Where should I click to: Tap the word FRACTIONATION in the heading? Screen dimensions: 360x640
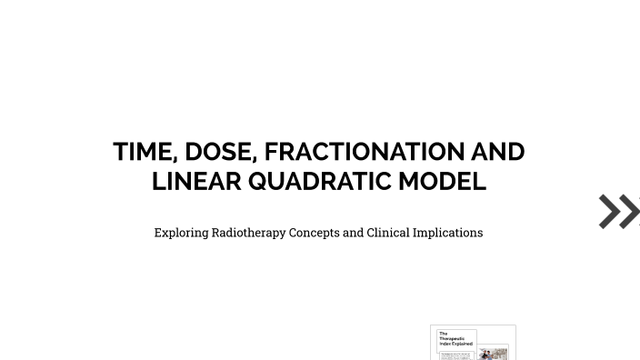(364, 152)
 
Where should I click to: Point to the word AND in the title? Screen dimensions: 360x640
(497, 152)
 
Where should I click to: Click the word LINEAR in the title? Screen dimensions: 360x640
(196, 181)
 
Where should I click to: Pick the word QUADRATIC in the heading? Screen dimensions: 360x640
(319, 181)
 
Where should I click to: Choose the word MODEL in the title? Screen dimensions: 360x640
(442, 181)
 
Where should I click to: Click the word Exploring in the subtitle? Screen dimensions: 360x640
(181, 233)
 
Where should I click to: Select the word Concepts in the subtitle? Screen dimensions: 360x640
(314, 233)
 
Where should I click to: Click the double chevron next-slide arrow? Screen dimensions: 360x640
(619, 211)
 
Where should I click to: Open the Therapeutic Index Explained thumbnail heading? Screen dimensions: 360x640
(455, 339)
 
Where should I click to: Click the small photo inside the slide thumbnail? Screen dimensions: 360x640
(494, 354)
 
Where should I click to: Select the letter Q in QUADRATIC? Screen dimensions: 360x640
(259, 181)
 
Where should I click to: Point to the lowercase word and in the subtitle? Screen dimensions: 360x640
(354, 233)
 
